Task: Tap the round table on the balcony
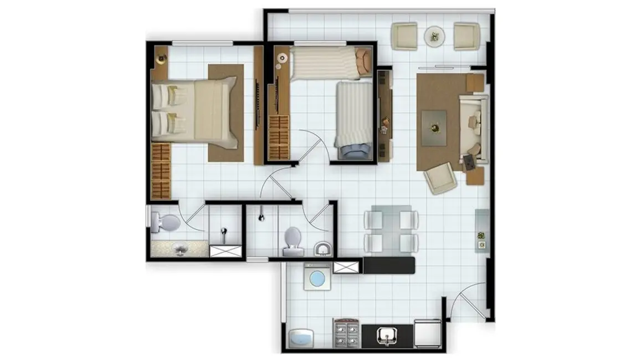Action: click(435, 36)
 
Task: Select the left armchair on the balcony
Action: click(404, 36)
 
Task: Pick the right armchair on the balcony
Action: click(466, 36)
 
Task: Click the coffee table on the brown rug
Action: click(434, 127)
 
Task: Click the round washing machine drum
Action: click(317, 279)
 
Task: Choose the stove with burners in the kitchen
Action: click(347, 334)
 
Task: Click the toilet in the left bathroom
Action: click(165, 223)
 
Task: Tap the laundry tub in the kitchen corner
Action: click(301, 337)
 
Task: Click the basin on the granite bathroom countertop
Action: click(180, 250)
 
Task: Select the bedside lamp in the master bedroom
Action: click(161, 55)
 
